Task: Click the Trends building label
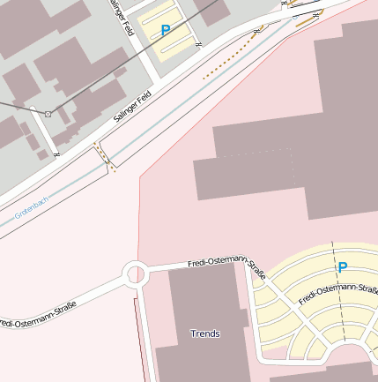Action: coord(205,334)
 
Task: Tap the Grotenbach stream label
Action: coord(32,208)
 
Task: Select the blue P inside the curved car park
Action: coord(343,266)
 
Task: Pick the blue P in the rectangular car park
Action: coord(165,31)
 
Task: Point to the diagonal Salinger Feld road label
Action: coord(134,106)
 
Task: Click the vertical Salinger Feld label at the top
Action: coord(122,18)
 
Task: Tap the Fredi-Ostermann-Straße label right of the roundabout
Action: coord(227,266)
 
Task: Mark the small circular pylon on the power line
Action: coord(48,115)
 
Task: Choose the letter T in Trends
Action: coord(194,334)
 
